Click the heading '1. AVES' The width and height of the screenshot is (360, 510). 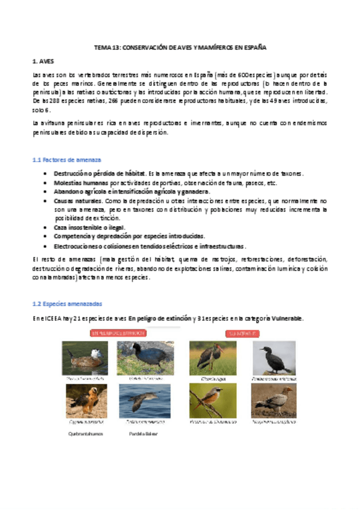point(43,61)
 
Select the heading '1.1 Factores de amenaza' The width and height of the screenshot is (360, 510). point(66,159)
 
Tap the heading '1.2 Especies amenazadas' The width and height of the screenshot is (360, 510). point(67,304)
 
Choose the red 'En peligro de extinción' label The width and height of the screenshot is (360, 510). point(118,332)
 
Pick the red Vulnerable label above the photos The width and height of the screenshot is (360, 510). point(242,332)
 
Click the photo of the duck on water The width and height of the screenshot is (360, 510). point(85,358)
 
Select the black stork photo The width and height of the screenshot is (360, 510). point(212,358)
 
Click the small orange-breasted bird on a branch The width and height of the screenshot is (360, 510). point(212,401)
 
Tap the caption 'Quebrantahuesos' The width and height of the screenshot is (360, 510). point(85,433)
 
